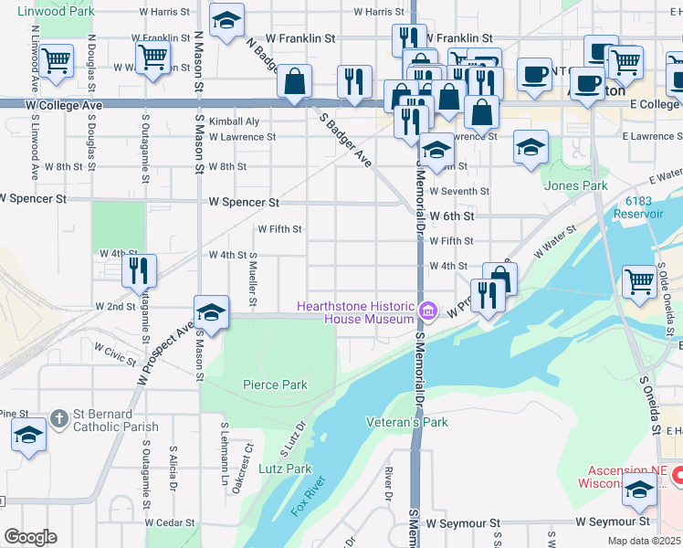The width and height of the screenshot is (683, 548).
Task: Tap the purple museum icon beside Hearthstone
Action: click(x=426, y=312)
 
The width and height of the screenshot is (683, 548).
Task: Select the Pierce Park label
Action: click(x=275, y=385)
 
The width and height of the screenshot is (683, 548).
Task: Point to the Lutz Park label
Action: click(x=285, y=469)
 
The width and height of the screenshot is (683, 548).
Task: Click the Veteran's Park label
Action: click(x=406, y=422)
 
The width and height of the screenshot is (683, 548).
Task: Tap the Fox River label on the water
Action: click(x=309, y=496)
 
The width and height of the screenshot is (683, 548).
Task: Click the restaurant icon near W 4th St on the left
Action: click(x=140, y=269)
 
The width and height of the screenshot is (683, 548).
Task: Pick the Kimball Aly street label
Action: click(x=234, y=121)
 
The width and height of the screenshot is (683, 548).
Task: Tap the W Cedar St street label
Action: click(x=171, y=523)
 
